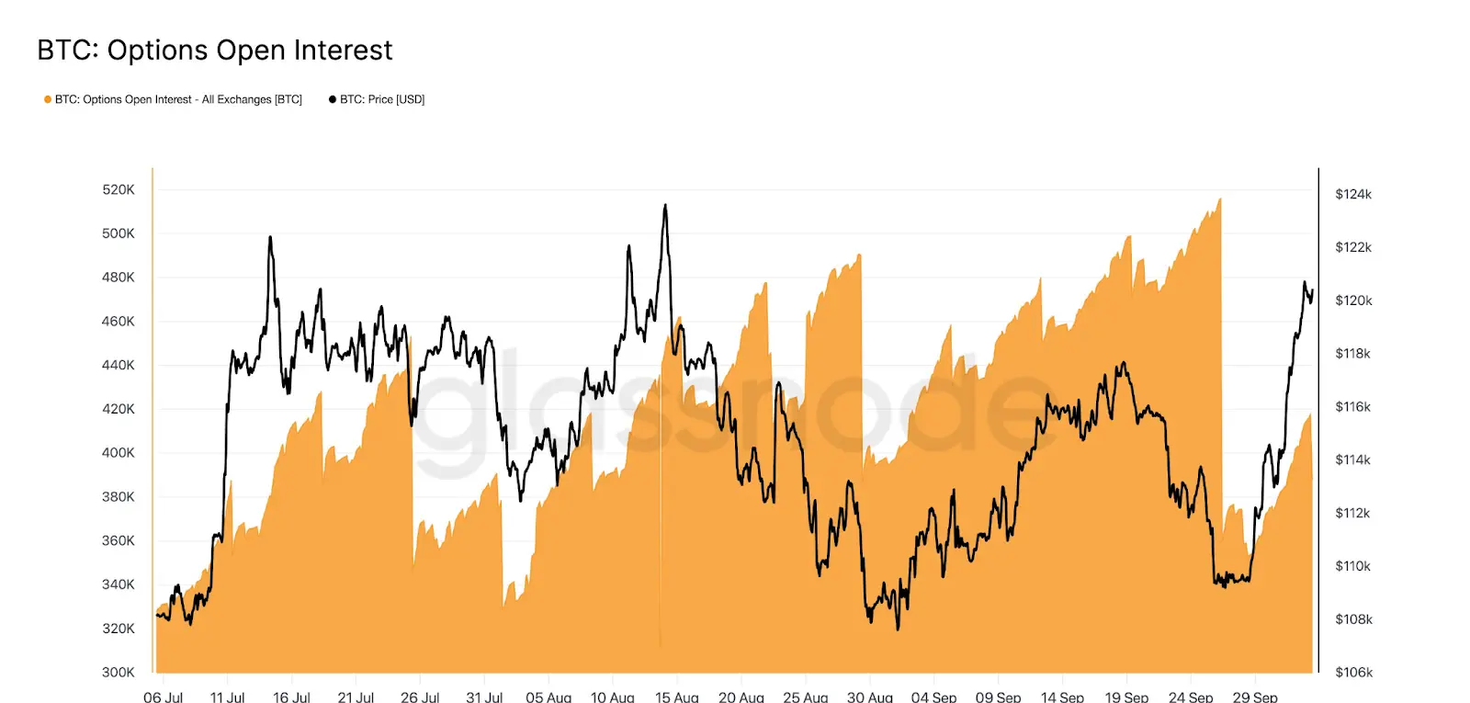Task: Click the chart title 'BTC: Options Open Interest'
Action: click(x=214, y=50)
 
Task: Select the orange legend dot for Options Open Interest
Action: click(x=48, y=99)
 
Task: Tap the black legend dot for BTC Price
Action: click(x=333, y=99)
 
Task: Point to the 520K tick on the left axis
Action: click(x=118, y=189)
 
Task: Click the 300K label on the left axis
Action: click(x=118, y=672)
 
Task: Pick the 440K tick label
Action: click(x=118, y=365)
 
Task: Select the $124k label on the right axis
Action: click(x=1353, y=194)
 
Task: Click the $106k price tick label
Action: click(x=1353, y=672)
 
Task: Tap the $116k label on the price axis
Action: click(x=1352, y=406)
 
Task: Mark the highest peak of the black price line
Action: click(x=665, y=206)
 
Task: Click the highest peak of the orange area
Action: click(x=1220, y=199)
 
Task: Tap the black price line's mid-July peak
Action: click(x=270, y=238)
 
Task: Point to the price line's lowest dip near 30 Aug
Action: click(x=898, y=628)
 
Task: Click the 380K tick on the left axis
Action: click(x=118, y=496)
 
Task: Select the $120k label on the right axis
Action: click(x=1353, y=300)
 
